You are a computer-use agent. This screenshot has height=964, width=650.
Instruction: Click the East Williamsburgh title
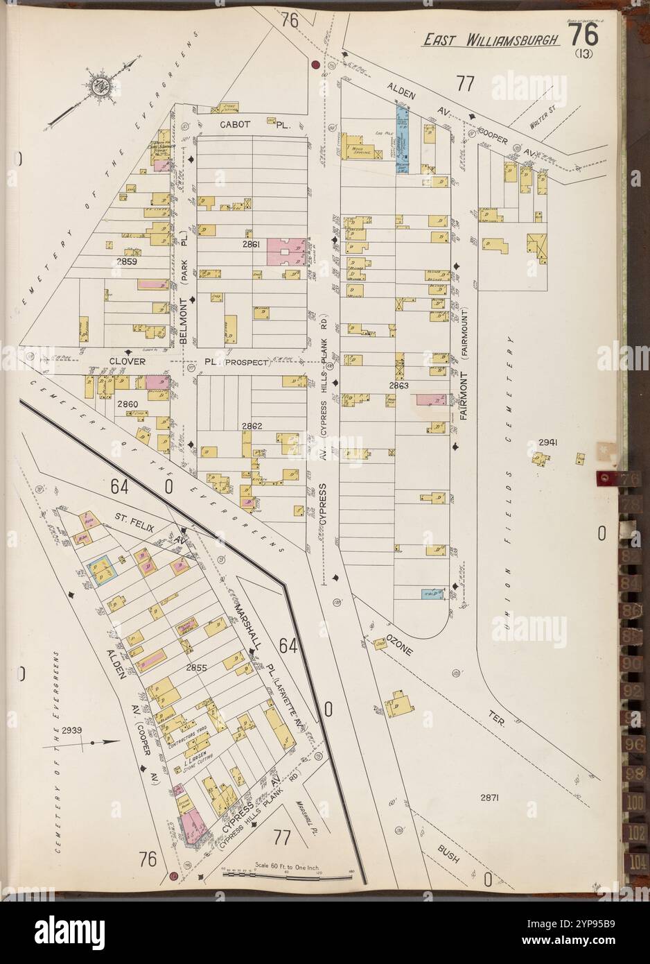(x=491, y=40)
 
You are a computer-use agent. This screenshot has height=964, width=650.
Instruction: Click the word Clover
(x=125, y=361)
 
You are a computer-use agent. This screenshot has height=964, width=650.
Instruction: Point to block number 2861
(x=251, y=245)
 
